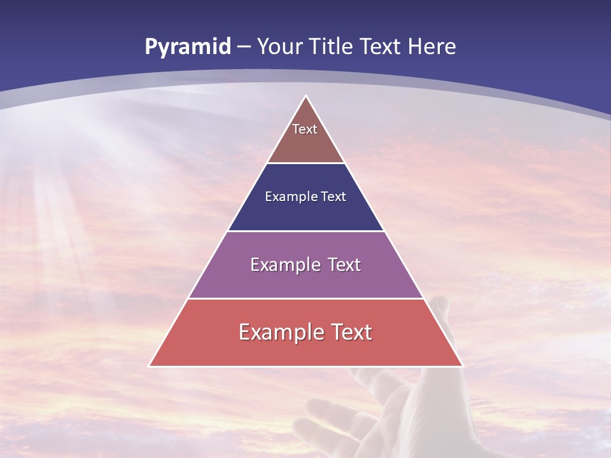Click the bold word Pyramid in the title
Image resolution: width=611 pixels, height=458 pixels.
coord(187,47)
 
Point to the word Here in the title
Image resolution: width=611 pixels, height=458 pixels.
coord(432,47)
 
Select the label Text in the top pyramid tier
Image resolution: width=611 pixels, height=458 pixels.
coord(305,130)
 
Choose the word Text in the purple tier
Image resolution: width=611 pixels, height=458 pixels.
coord(344,265)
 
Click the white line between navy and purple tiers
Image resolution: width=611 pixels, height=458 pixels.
coord(306,231)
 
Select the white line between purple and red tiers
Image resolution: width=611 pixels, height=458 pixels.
coord(306,298)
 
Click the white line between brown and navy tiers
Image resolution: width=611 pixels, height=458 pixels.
coord(306,163)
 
